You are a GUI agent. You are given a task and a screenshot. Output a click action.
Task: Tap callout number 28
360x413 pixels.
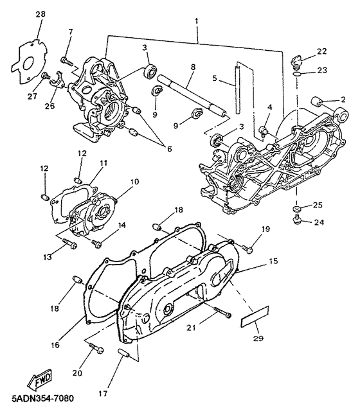40,14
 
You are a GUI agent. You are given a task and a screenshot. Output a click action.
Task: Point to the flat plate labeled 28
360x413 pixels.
30,62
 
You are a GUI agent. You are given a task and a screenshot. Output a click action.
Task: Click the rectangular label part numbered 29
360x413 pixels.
255,317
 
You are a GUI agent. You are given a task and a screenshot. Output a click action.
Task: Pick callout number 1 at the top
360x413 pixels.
197,21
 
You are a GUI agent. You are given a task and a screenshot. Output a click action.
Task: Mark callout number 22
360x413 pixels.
321,51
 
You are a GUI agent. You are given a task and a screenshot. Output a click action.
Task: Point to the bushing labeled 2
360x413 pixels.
316,101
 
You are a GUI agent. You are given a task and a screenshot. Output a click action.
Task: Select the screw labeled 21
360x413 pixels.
222,312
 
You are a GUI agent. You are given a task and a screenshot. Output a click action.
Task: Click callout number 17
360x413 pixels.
103,394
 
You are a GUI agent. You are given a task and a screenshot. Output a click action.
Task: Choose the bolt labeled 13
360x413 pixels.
69,243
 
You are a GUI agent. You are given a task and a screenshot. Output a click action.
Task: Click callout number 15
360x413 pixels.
273,261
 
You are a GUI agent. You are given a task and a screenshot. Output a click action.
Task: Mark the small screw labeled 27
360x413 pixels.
46,75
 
